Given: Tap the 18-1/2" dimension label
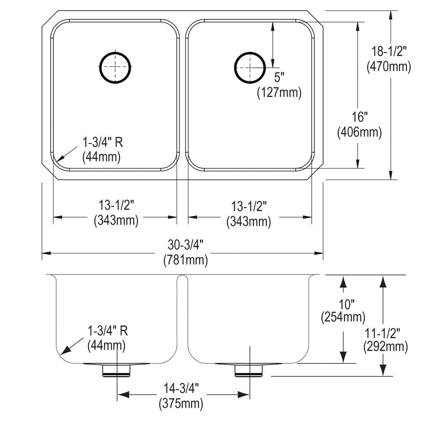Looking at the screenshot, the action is click(x=389, y=51).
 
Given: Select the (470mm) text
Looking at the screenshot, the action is click(x=389, y=66).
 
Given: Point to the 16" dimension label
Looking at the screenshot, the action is click(x=359, y=117).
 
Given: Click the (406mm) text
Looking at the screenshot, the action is click(x=359, y=132).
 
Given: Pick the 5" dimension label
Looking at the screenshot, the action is click(x=279, y=78).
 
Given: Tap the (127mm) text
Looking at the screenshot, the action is click(x=279, y=93).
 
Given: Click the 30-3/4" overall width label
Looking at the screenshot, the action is click(x=186, y=245).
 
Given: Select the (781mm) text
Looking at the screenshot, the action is click(x=186, y=260).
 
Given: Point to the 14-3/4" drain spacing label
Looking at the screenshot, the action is click(x=181, y=388).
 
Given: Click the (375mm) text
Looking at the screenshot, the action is click(x=181, y=403).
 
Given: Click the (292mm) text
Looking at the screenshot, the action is click(x=385, y=347).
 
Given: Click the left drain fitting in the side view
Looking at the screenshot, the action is click(x=116, y=370).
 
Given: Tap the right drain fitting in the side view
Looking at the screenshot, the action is click(x=249, y=370).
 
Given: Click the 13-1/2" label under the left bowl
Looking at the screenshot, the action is click(x=116, y=205).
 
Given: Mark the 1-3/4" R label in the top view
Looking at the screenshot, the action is click(x=103, y=142).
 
